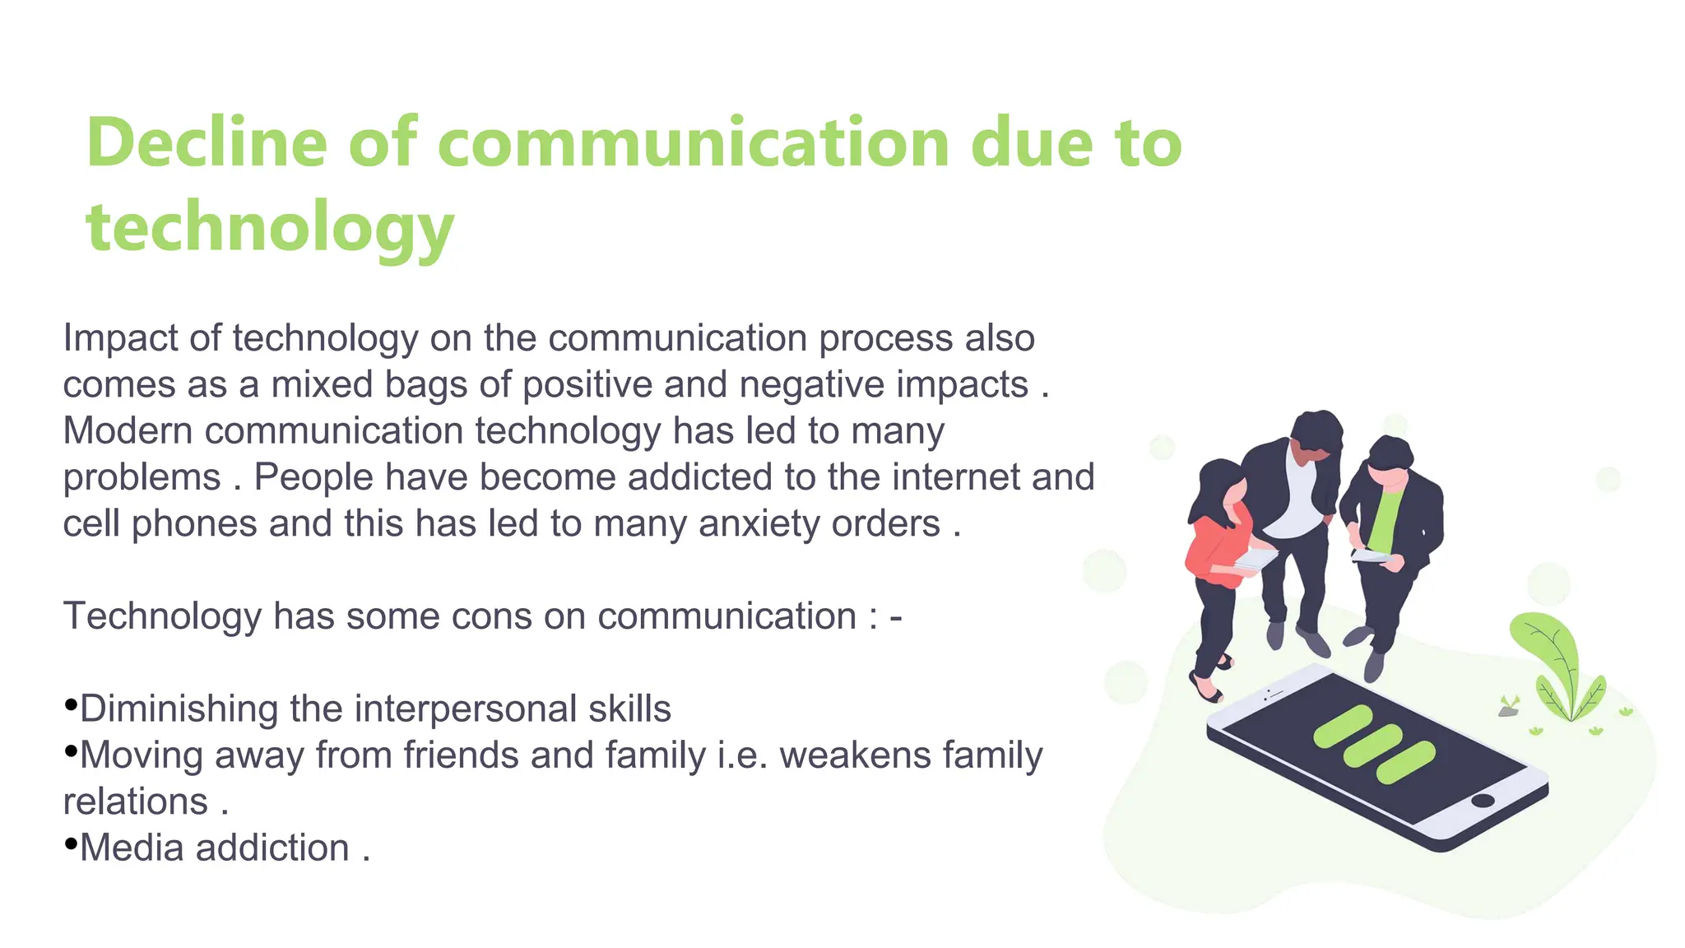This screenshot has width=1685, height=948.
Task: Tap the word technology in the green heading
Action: [270, 227]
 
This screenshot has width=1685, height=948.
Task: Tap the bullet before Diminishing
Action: [71, 705]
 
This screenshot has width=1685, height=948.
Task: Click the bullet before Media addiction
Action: [71, 844]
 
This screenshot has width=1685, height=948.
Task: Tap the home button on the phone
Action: [1483, 801]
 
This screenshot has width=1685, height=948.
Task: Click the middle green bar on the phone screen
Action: [1373, 745]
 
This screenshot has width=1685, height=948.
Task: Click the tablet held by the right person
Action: [1369, 557]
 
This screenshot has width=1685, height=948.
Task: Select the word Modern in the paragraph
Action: [128, 431]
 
